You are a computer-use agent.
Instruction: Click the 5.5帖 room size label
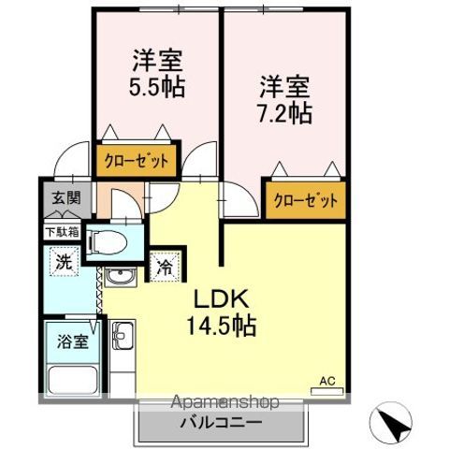(156, 88)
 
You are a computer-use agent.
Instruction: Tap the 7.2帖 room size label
(285, 113)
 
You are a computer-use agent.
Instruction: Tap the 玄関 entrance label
(59, 199)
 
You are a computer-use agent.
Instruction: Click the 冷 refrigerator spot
(164, 266)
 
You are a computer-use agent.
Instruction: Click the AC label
(327, 380)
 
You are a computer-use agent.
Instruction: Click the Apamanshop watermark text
(224, 403)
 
